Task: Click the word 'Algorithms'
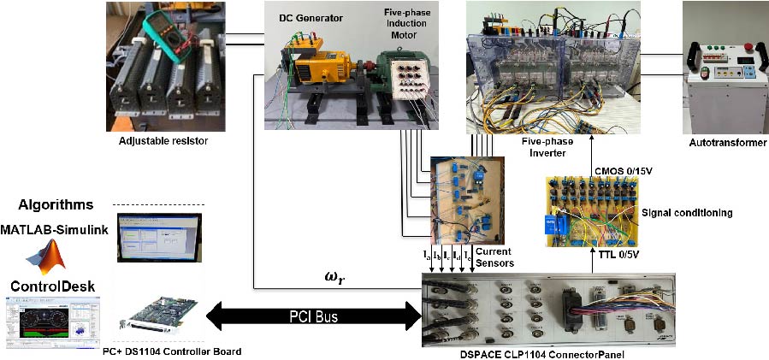point(56,204)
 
